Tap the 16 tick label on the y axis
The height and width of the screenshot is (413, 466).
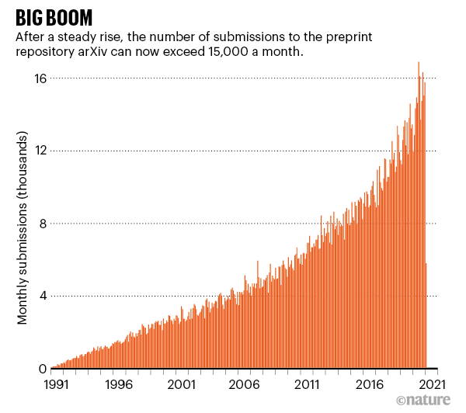click(x=40, y=78)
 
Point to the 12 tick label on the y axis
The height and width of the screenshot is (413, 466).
click(x=40, y=151)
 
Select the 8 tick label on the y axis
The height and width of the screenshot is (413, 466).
click(x=43, y=224)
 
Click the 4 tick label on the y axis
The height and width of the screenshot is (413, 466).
click(x=43, y=296)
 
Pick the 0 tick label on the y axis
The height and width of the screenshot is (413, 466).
click(x=43, y=369)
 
